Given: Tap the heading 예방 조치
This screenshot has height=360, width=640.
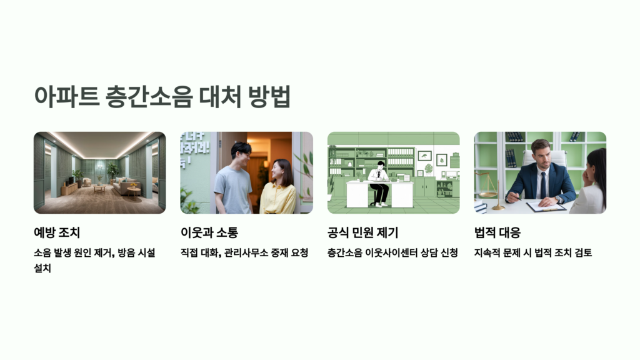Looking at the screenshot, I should click(x=57, y=233).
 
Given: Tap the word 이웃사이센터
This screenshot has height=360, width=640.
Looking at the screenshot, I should click(x=392, y=253).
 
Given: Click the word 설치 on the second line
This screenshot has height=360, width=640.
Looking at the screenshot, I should click(x=43, y=269).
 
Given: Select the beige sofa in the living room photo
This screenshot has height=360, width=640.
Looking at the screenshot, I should click(x=123, y=185).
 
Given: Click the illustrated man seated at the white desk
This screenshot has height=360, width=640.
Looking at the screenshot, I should click(x=378, y=181).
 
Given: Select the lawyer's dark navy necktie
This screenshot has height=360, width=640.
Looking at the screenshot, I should click(x=542, y=186).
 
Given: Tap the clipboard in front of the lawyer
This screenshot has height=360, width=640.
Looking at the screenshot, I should click(x=546, y=206).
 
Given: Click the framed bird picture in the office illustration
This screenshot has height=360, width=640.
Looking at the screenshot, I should click(x=424, y=155).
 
